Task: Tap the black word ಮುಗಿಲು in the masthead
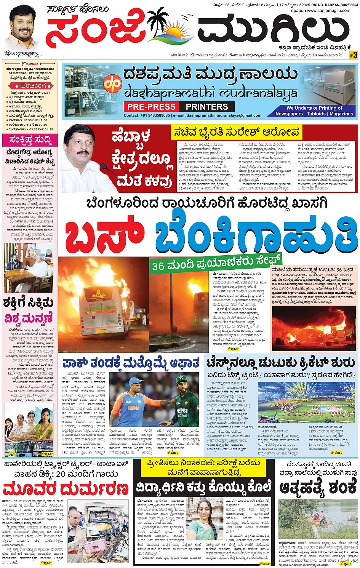pos(272,30)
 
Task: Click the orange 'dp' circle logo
pos(113,84)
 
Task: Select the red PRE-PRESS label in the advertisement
pos(152,107)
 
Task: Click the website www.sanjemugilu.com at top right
pos(328,10)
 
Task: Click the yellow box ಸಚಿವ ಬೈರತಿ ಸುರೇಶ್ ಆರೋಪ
pos(236,133)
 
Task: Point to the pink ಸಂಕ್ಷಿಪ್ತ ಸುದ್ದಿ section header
pos(30,140)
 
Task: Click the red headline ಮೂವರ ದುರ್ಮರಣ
pos(66,488)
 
